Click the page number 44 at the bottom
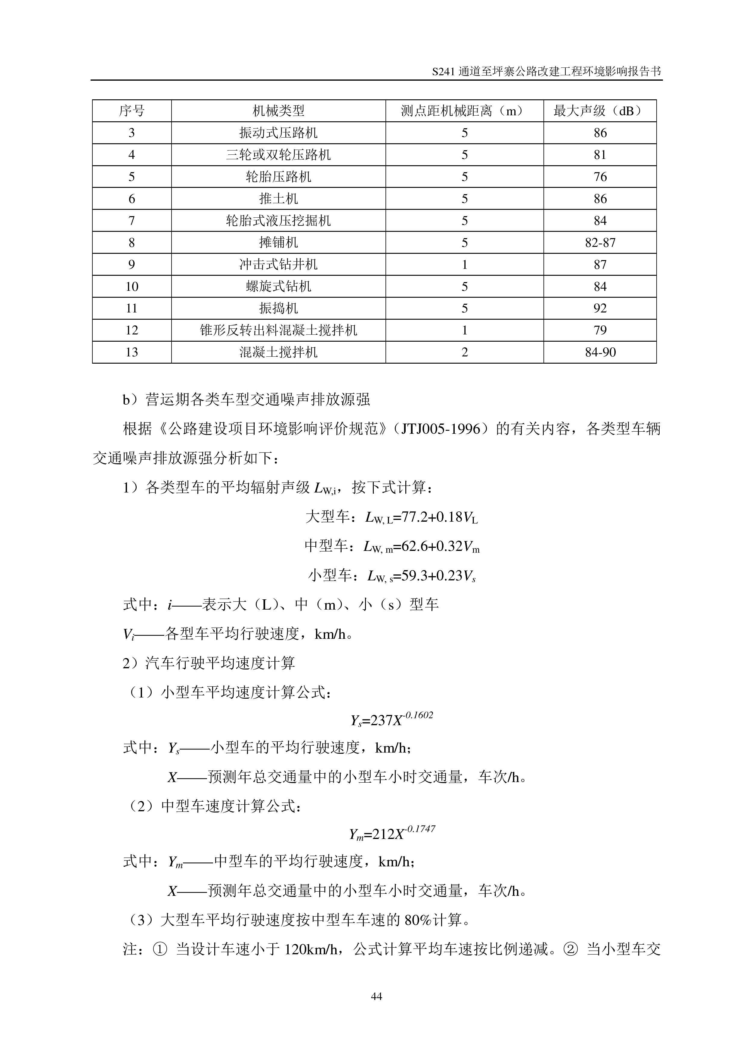[376, 996]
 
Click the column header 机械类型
[278, 111]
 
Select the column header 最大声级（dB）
[599, 111]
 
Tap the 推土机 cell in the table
[278, 199]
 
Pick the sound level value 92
[600, 308]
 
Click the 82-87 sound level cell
[600, 242]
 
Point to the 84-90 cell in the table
[600, 352]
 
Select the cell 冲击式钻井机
[278, 265]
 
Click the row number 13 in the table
[132, 352]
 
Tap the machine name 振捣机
[278, 308]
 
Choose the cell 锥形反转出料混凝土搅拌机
[278, 330]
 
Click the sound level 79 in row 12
[600, 330]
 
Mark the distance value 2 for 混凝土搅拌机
[464, 352]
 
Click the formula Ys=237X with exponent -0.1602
[392, 719]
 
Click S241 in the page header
[444, 72]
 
